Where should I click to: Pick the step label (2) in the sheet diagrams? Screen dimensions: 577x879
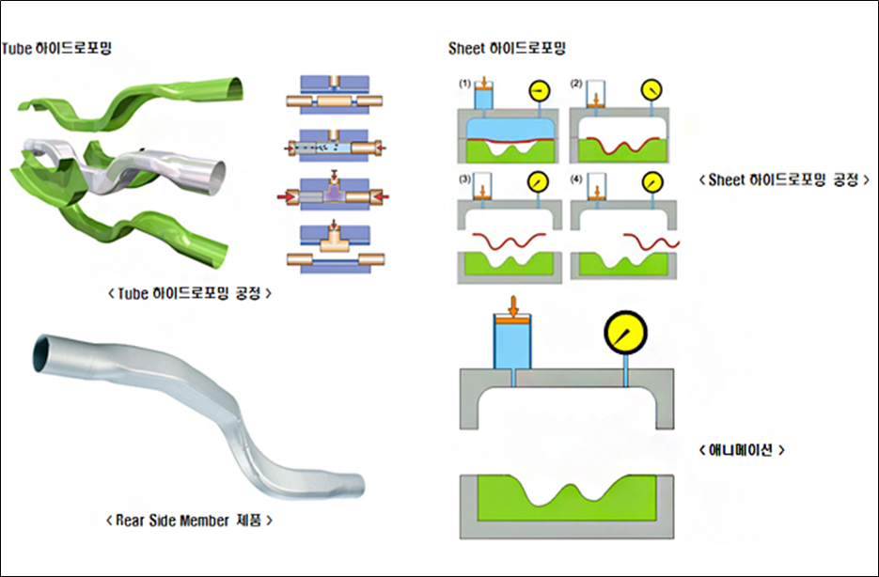[x=576, y=84]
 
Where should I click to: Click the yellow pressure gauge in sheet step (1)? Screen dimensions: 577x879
[x=539, y=90]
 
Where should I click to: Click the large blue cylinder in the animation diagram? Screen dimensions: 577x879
[x=513, y=343]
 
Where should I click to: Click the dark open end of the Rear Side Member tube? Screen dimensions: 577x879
[x=44, y=353]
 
